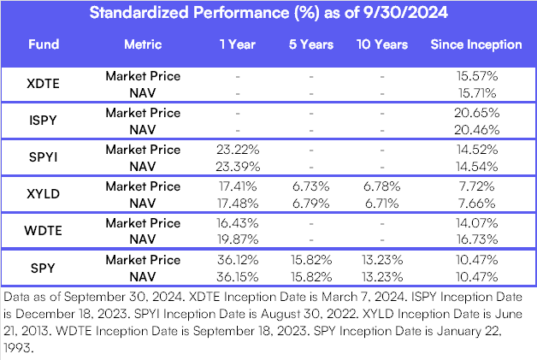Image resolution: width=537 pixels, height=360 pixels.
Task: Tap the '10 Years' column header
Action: tap(381, 44)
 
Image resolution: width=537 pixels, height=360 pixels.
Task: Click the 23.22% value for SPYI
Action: tap(239, 149)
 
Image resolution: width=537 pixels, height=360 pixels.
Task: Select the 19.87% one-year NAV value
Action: tap(239, 237)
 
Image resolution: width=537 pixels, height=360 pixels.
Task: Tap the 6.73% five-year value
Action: tap(312, 185)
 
